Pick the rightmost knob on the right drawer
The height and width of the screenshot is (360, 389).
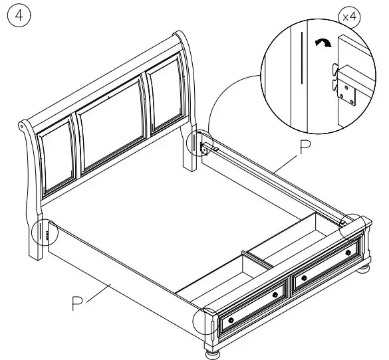[348, 253]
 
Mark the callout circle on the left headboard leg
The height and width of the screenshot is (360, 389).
[43, 232]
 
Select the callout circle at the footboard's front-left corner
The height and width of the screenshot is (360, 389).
[205, 324]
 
